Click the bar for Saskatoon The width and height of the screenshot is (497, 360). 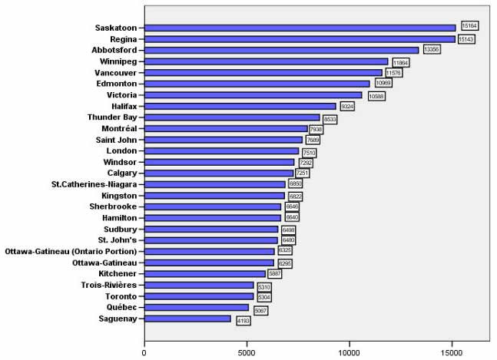[300, 28]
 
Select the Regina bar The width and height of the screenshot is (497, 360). [300, 39]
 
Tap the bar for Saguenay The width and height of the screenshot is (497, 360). [187, 319]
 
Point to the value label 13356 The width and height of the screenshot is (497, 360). [432, 48]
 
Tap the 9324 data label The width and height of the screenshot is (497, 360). [346, 107]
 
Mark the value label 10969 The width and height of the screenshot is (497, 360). [383, 83]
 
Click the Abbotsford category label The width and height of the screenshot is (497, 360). [114, 50]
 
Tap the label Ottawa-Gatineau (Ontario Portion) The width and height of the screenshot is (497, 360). [71, 251]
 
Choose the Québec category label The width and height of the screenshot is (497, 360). [121, 307]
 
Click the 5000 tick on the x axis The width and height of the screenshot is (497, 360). [247, 352]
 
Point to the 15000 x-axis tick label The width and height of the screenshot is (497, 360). [452, 352]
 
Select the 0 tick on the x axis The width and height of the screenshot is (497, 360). [144, 352]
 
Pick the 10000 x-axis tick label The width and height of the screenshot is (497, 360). [350, 352]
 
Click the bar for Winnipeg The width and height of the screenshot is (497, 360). [266, 61]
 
